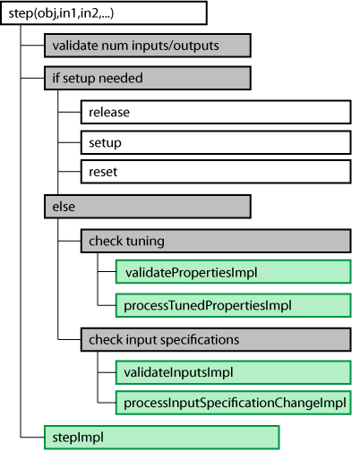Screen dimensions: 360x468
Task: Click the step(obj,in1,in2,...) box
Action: pos(104,13)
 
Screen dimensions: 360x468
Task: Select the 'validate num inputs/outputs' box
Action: pos(148,46)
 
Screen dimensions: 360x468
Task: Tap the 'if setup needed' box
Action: pos(148,78)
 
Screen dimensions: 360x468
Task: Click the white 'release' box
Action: pos(216,112)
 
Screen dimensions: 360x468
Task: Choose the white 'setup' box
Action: pos(216,142)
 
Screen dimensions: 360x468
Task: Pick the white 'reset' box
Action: pos(216,172)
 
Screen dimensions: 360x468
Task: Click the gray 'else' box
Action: pos(148,207)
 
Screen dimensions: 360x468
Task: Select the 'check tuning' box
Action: pos(216,241)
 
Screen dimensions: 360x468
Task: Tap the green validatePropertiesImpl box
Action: pos(234,272)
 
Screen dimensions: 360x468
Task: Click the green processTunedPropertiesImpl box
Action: pos(234,305)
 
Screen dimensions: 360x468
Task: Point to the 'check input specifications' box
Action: pos(216,340)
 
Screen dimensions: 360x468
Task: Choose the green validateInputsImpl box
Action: pos(234,372)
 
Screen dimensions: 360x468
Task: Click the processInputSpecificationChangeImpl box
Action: pos(234,403)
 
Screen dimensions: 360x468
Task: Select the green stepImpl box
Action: pos(161,438)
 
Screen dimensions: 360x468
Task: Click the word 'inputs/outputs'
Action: pos(176,46)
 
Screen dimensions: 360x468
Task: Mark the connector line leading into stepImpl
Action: pos(32,438)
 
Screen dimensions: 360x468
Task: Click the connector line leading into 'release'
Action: pos(69,112)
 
